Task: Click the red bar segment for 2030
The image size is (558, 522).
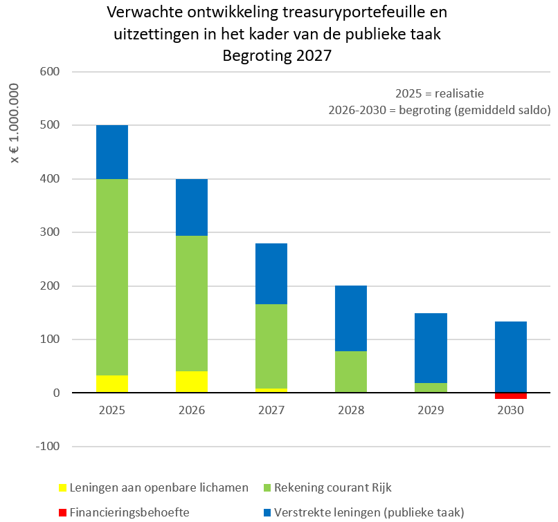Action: pos(511,396)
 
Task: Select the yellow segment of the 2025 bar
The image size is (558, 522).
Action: pos(112,384)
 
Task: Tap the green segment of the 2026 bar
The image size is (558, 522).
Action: pos(192,304)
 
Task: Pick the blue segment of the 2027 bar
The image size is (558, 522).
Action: pos(271,274)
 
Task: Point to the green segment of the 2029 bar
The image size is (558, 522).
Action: pos(431,388)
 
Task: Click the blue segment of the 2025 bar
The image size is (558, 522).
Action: pos(112,152)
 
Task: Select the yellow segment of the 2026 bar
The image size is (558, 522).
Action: pos(192,382)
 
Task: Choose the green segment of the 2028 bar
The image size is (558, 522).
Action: pos(351,372)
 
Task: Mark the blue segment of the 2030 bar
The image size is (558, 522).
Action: pos(511,357)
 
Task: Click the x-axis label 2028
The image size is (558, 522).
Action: pos(351,411)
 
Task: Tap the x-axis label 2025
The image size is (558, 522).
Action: pos(112,411)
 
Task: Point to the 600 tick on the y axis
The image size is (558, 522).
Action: pos(49,71)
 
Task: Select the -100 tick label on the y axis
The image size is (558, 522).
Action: pos(47,447)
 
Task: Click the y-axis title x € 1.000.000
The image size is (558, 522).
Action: pos(15,123)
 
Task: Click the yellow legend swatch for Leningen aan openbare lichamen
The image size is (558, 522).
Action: pos(62,488)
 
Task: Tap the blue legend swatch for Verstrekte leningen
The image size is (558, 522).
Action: pos(267,513)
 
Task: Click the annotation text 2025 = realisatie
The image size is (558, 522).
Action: pos(440,93)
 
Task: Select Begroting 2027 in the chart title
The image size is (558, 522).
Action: pos(277,55)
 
